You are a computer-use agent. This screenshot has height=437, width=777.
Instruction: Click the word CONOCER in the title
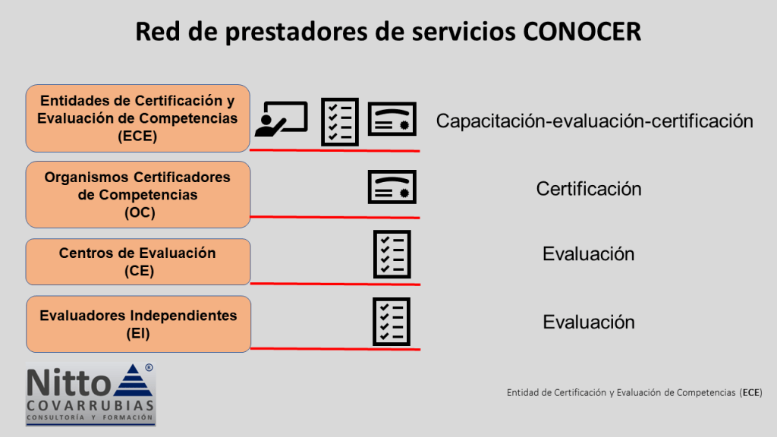click(582, 32)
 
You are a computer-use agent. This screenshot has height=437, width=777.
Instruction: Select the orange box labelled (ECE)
click(138, 118)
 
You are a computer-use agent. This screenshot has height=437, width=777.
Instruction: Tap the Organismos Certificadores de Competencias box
click(138, 195)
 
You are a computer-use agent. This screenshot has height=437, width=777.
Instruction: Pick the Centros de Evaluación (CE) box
click(138, 262)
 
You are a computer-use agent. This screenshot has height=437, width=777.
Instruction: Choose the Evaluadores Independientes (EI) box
click(139, 324)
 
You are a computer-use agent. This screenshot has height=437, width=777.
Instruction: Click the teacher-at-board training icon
click(282, 119)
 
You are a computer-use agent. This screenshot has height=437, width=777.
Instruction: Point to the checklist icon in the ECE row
click(340, 122)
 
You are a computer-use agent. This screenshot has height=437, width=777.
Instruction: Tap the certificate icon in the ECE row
click(392, 119)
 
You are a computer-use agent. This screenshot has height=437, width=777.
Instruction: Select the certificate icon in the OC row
click(392, 187)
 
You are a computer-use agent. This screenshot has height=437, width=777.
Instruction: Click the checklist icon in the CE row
click(392, 254)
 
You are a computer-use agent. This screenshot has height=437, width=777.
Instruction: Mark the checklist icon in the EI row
click(392, 322)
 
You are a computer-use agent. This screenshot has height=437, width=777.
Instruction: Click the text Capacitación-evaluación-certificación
click(595, 121)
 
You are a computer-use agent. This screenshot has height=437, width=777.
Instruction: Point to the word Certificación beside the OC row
click(589, 189)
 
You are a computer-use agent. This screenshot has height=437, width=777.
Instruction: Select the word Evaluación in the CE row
click(589, 254)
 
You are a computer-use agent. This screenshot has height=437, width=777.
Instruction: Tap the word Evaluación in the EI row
click(589, 322)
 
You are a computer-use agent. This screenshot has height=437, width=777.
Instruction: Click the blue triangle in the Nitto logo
click(132, 381)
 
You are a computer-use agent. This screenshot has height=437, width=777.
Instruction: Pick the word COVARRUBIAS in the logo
click(91, 406)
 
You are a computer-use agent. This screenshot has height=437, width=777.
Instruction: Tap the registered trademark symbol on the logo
click(149, 368)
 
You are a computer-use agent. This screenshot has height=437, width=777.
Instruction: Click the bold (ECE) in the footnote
click(751, 393)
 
